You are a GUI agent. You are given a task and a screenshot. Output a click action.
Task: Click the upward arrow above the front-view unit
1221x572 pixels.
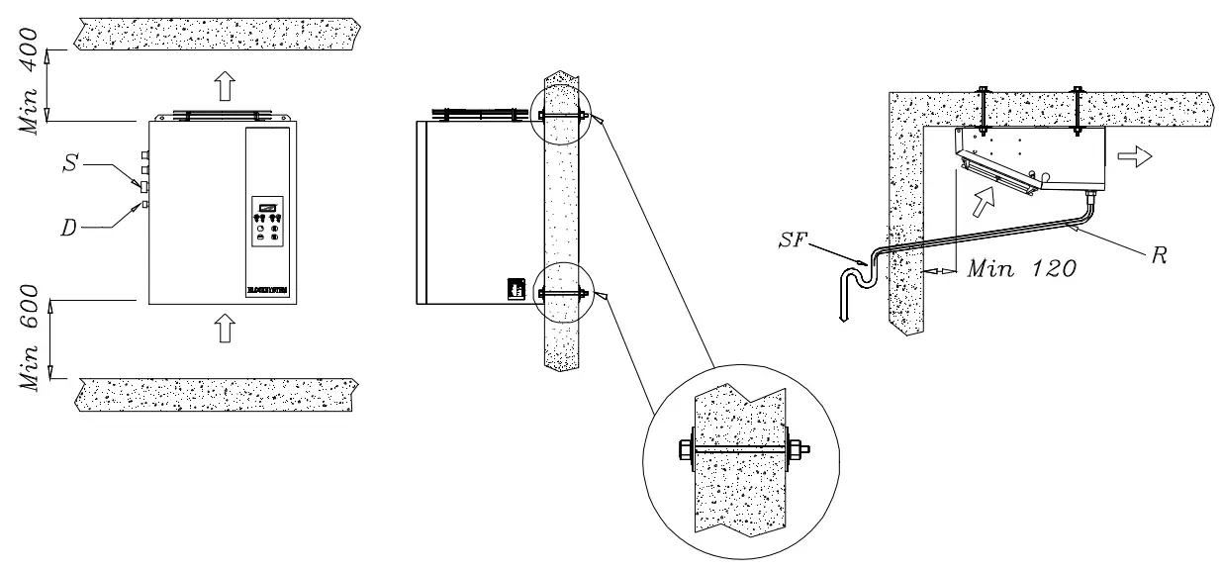coord(225,86)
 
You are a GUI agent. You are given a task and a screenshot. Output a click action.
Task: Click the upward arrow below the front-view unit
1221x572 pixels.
coord(225,328)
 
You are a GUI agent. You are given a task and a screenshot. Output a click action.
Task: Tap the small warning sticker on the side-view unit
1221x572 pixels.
coord(514,288)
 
